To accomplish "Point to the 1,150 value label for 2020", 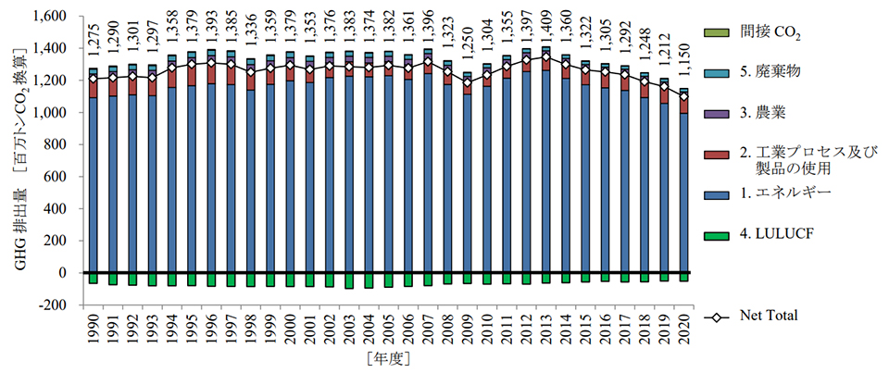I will click(683, 69).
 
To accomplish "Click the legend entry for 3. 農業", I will click(773, 115).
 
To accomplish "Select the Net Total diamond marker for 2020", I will click(683, 96).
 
